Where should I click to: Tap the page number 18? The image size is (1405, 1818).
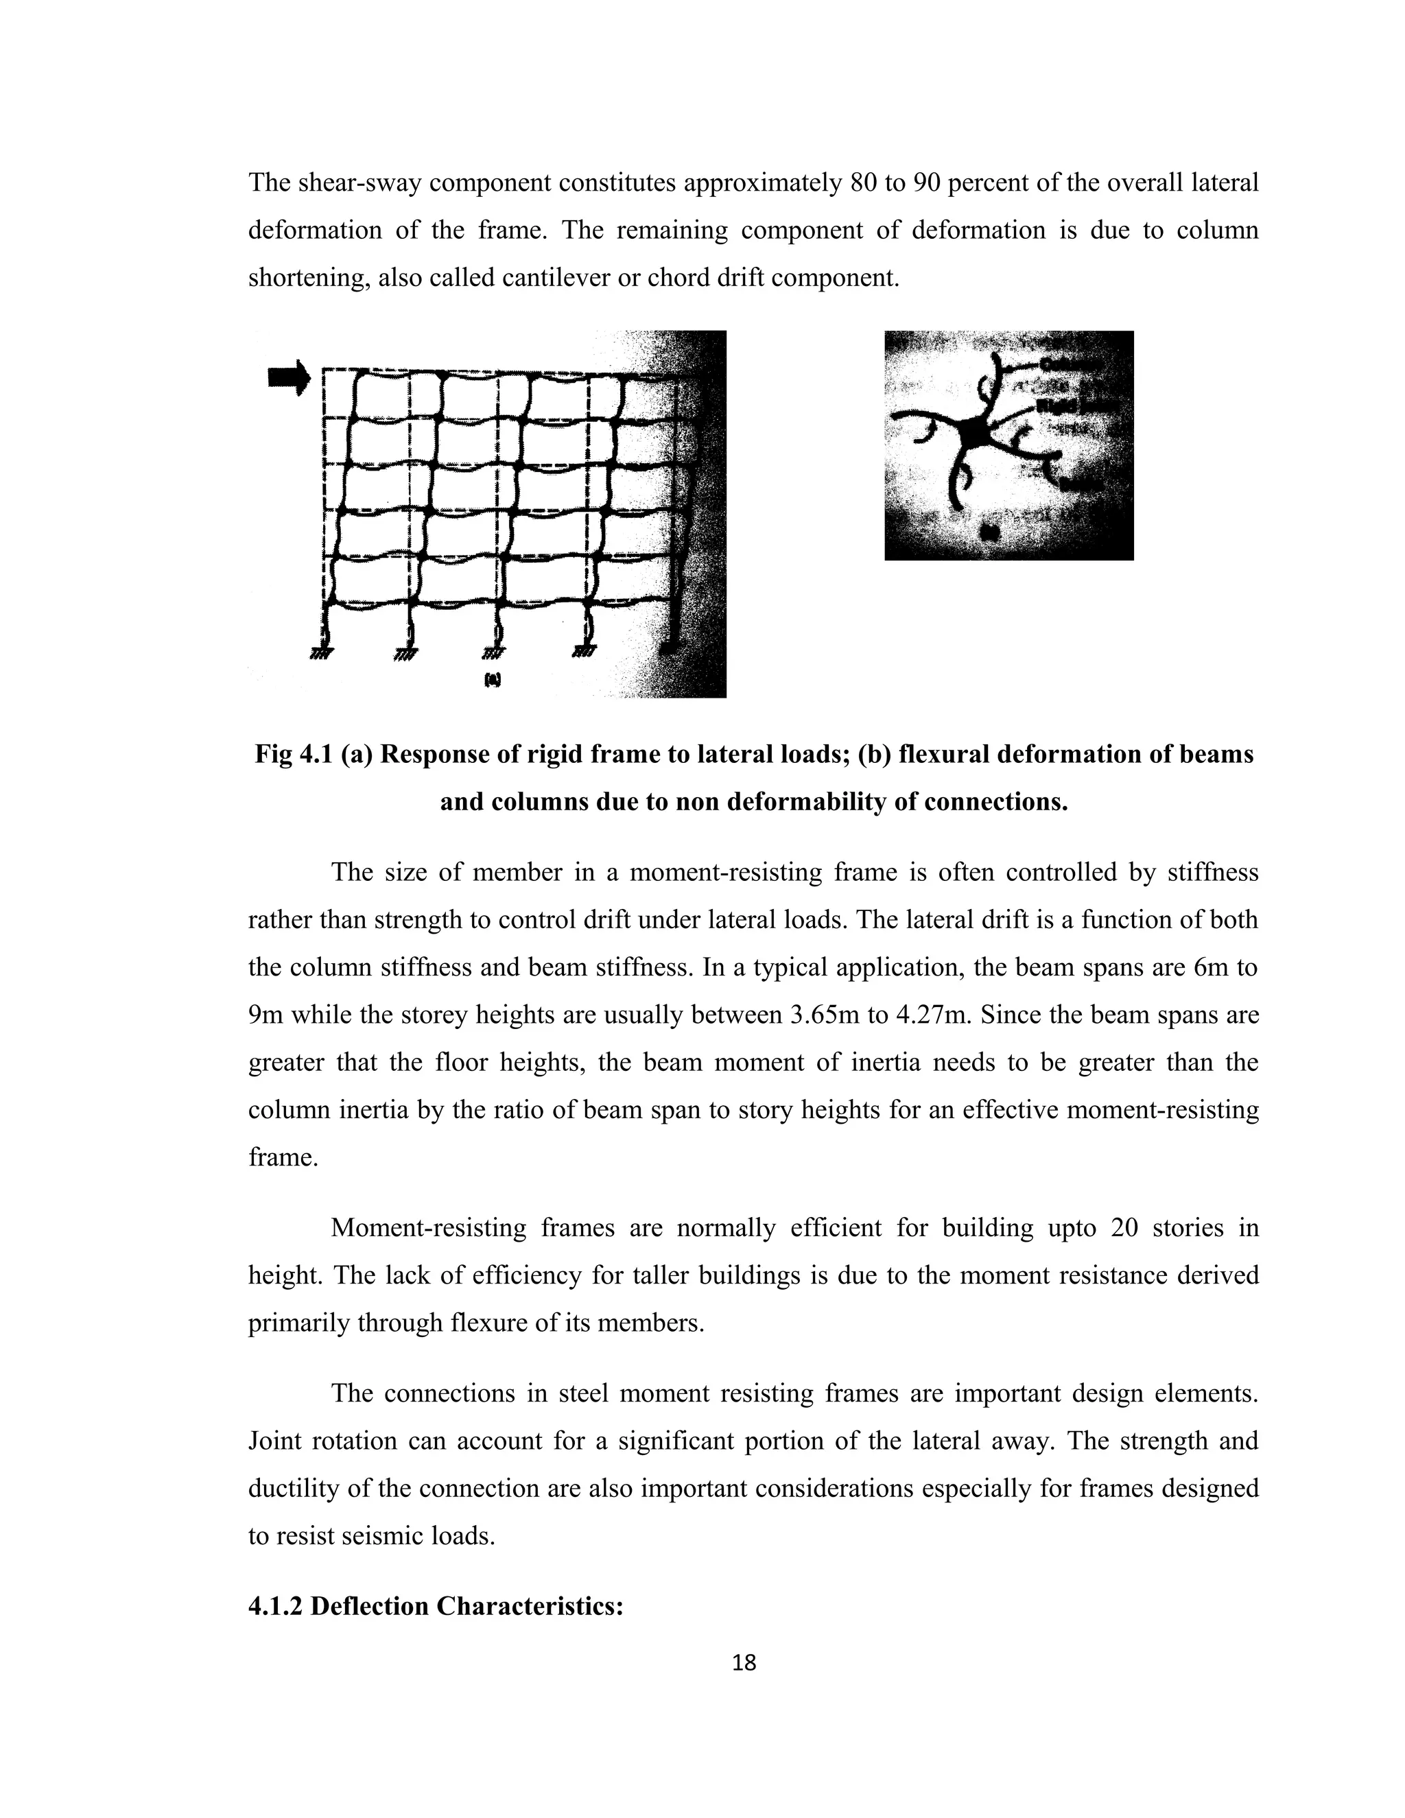743,1662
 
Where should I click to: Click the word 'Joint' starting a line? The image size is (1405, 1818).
276,1440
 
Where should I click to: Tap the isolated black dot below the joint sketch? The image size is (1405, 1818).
990,531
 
